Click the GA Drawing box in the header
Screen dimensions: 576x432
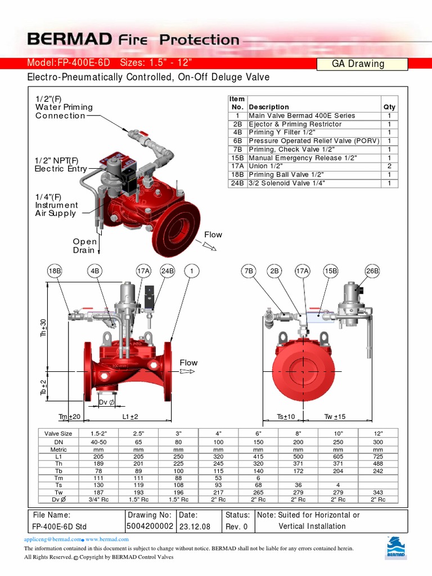click(358, 64)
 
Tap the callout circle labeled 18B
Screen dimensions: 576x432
click(55, 271)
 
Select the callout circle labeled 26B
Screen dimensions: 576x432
click(372, 271)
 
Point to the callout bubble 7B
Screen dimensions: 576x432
click(248, 271)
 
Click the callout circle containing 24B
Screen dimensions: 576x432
click(168, 271)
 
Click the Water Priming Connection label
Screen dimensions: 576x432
click(64, 107)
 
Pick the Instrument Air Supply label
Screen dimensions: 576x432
click(56, 205)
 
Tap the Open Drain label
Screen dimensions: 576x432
click(84, 246)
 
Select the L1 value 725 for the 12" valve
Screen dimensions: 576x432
click(378, 457)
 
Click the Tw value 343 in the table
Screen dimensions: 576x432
click(378, 492)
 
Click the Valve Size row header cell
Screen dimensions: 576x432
click(58, 434)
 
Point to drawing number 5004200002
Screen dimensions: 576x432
click(150, 526)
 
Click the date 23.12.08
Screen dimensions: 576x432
click(195, 526)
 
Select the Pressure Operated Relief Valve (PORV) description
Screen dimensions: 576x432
click(314, 141)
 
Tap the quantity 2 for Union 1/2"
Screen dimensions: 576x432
click(389, 166)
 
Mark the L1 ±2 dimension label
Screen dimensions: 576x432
click(130, 417)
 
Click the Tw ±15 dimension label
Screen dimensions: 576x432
click(335, 417)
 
